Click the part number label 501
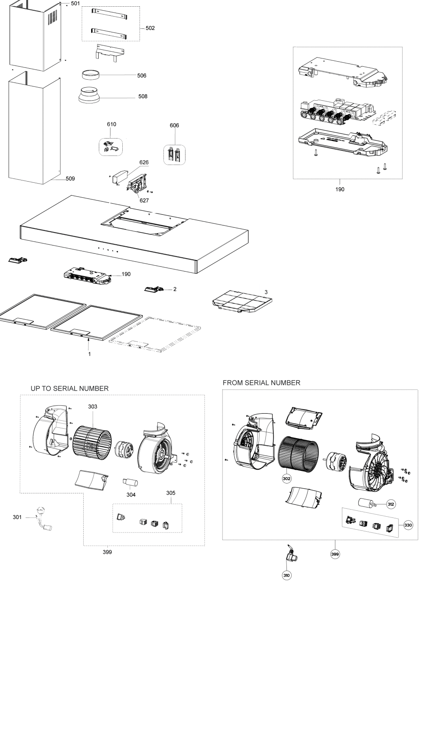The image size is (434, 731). coord(75,3)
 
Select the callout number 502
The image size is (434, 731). coord(150,28)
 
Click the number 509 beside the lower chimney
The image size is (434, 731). coord(70,178)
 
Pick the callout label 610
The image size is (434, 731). coord(112,124)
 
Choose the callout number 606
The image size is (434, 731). coord(174,125)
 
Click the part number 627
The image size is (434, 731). coord(144,200)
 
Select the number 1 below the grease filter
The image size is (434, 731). coord(89,354)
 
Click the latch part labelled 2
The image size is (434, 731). coord(153,290)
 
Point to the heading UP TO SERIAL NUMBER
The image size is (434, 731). coord(70,388)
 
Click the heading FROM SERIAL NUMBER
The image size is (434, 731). coord(262,382)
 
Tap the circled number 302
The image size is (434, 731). coord(287,478)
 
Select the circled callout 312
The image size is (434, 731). coord(391,504)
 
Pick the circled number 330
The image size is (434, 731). coord(408,525)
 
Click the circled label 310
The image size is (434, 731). coord(287,575)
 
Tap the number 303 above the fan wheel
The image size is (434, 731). coord(93,406)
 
